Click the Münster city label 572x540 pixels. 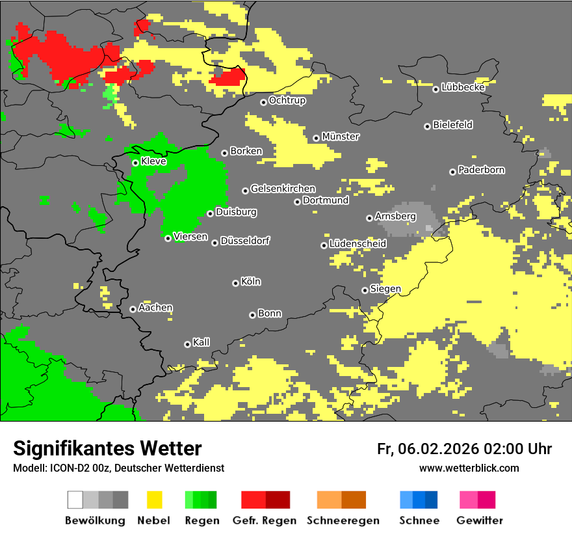341,137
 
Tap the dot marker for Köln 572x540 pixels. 235,283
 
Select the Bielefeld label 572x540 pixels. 453,125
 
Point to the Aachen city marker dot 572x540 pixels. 133,309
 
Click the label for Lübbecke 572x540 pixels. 463,87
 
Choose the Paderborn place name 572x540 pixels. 482,170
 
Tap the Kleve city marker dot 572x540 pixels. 135,163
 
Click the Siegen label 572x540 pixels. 385,289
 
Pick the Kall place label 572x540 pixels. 201,342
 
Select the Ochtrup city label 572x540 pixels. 287,101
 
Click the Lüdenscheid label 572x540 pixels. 358,244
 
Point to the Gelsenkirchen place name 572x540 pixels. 283,189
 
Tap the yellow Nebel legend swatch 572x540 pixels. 154,500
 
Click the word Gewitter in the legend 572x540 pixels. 480,520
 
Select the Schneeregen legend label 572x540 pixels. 343,520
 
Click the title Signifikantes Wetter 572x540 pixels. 107,449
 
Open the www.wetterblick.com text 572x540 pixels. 469,468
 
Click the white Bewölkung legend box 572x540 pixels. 75,500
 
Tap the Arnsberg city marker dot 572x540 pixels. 369,218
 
